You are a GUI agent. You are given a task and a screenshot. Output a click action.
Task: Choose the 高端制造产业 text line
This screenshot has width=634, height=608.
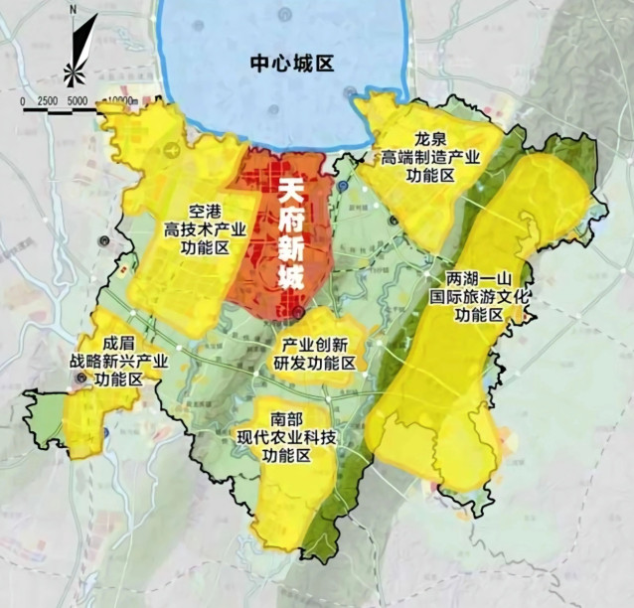click(431, 157)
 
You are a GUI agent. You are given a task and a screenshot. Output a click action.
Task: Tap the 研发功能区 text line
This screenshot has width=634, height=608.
click(315, 364)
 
